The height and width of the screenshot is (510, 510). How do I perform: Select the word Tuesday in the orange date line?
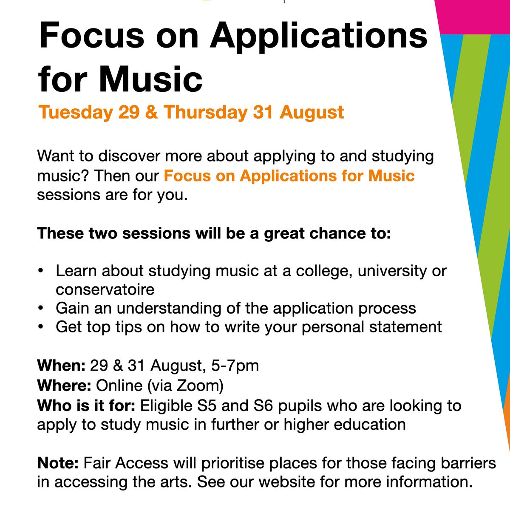75,112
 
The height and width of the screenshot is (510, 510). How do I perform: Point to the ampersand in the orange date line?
154,112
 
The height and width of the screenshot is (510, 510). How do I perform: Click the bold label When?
62,365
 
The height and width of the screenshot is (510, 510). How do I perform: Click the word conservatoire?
105,289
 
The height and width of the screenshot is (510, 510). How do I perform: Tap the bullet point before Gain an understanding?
40,308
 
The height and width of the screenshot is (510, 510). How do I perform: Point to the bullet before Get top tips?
40,327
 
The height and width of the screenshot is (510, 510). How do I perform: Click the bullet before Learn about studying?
40,271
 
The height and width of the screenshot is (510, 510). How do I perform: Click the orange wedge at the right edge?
506,408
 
